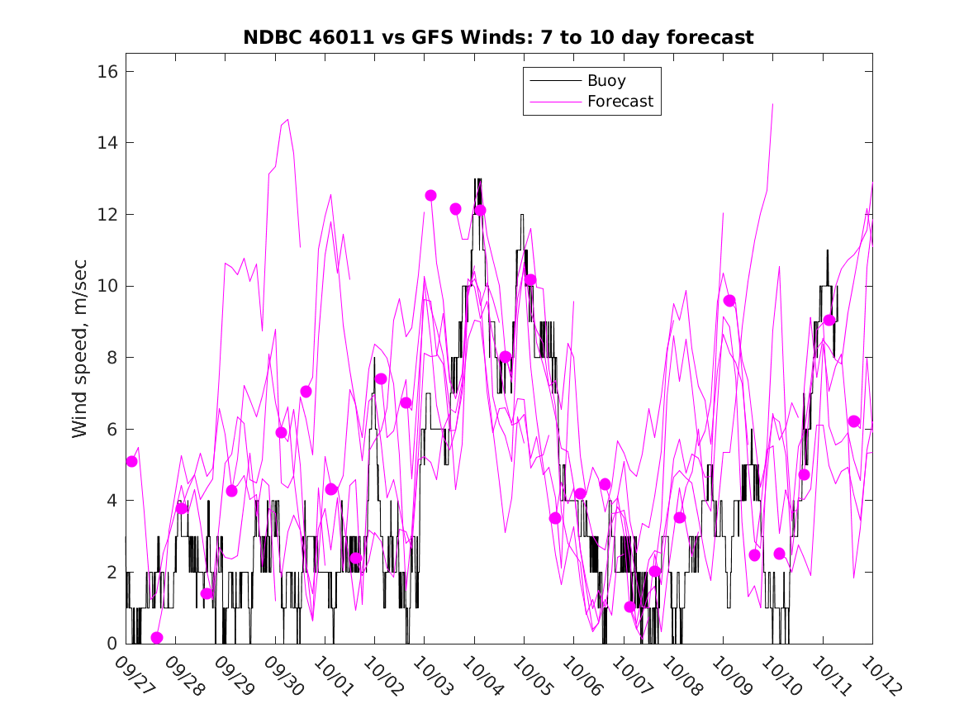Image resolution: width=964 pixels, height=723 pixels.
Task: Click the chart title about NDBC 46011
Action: (498, 37)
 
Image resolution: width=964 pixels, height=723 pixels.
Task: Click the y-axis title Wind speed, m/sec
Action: (79, 357)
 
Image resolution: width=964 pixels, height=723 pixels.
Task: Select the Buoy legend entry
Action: (606, 81)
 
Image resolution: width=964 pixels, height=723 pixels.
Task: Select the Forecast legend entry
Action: (620, 102)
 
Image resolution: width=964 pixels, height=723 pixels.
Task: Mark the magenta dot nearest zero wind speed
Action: (157, 638)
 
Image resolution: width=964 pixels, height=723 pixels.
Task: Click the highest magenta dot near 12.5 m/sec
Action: (430, 195)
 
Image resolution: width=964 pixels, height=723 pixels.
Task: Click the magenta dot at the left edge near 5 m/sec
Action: (131, 461)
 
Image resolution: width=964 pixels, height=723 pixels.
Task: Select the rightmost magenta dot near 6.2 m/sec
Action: (854, 421)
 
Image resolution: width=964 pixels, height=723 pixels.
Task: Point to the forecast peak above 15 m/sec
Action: (772, 105)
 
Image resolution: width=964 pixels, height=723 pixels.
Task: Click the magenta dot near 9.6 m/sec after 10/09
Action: (729, 300)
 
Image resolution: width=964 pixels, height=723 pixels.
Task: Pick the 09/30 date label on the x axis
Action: (283, 674)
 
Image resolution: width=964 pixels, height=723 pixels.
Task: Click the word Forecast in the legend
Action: (620, 102)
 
